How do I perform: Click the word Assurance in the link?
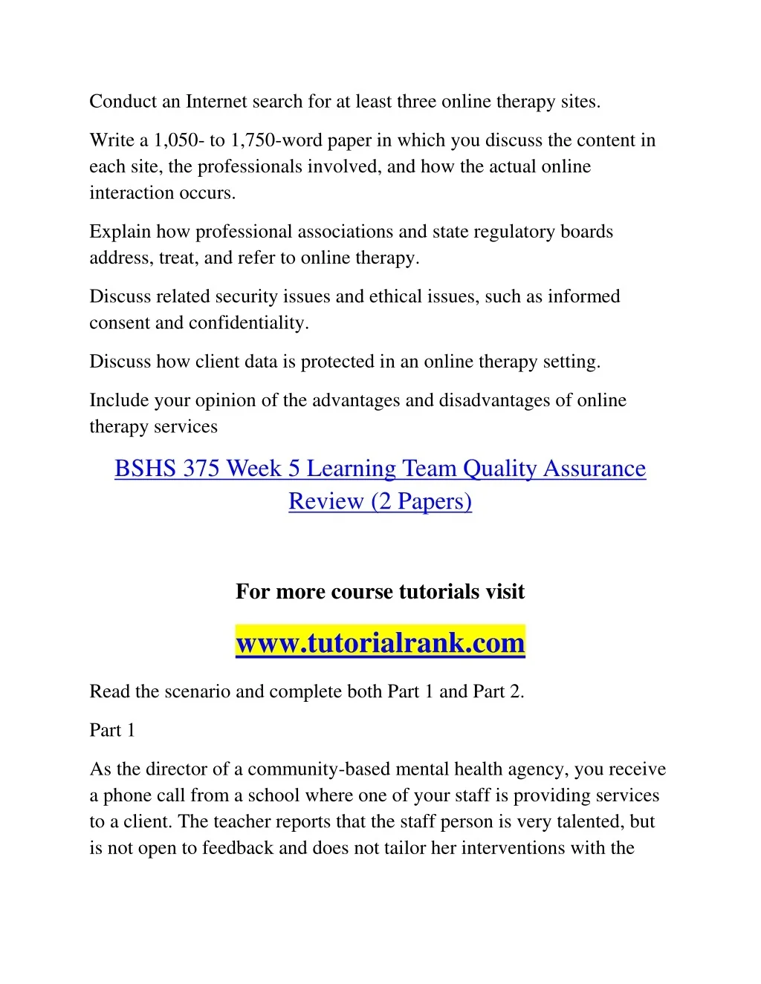pos(595,469)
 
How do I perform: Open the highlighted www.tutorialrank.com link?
pos(380,642)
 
